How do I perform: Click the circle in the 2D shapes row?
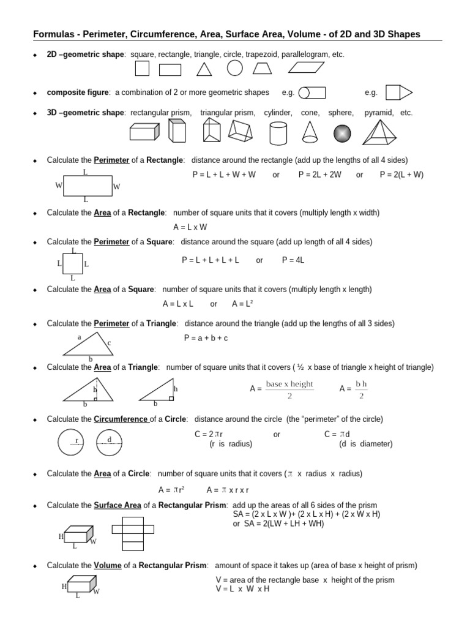(x=235, y=68)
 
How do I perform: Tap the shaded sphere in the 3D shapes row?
(x=342, y=132)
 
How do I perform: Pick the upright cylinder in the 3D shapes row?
(x=278, y=132)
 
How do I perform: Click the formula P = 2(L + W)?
(x=401, y=175)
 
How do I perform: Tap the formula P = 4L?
(x=293, y=260)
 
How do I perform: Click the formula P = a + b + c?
(x=206, y=338)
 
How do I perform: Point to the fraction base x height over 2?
(x=289, y=389)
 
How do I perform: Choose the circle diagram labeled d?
(x=110, y=442)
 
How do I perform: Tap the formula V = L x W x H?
(x=242, y=589)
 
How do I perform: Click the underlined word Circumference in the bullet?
(x=121, y=419)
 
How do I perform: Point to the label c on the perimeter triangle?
(x=109, y=344)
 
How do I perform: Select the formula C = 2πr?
(x=209, y=435)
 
